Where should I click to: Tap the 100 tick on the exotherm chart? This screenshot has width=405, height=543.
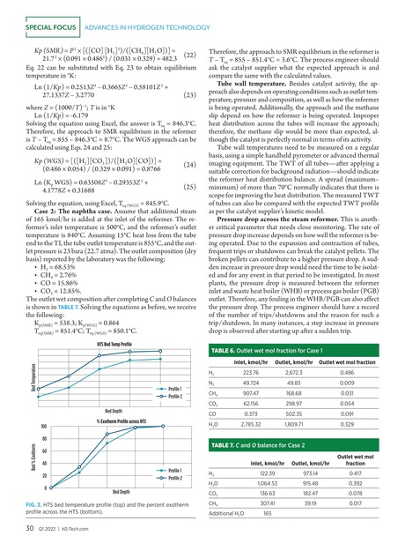click(42, 427)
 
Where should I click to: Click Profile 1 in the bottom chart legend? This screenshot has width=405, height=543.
click(174, 471)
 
